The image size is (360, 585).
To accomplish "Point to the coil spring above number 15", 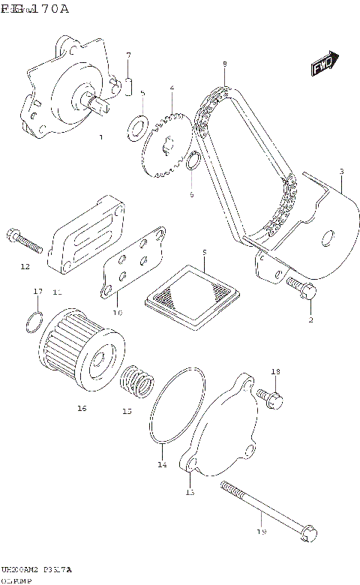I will pyautogui.click(x=136, y=379).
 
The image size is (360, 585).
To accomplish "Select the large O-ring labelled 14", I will pyautogui.click(x=177, y=408).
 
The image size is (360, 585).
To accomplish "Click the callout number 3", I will pyautogui.click(x=341, y=172).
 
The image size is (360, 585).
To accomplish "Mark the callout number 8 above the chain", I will pyautogui.click(x=224, y=65).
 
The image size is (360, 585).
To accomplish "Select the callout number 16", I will pyautogui.click(x=82, y=408).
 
